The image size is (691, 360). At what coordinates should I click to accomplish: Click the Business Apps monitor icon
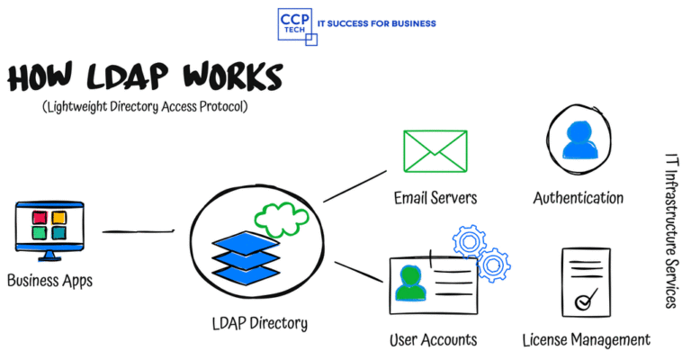click(49, 228)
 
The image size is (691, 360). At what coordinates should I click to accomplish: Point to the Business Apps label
click(49, 280)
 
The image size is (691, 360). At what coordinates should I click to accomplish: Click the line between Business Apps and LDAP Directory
click(138, 231)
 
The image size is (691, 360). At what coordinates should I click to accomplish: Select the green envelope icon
click(435, 151)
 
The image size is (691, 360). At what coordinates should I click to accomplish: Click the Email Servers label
click(435, 197)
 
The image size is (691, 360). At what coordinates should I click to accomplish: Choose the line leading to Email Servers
click(354, 186)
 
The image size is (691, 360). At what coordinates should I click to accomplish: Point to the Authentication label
click(578, 197)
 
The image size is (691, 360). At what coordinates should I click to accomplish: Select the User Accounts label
click(433, 340)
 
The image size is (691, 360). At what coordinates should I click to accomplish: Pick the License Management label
click(586, 340)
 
